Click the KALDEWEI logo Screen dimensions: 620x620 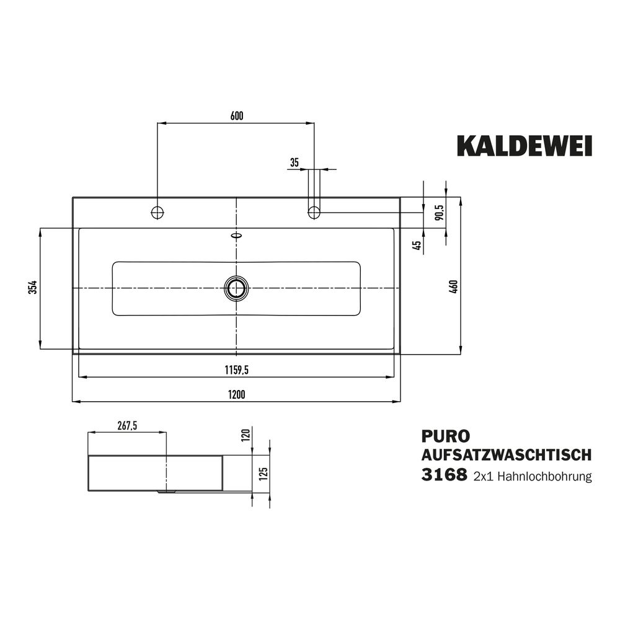[525, 146]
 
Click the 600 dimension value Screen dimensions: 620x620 [236, 116]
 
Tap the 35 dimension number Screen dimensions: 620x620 [294, 162]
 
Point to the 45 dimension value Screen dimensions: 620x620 [417, 246]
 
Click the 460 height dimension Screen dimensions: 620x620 [454, 286]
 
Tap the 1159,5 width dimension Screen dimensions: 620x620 [236, 370]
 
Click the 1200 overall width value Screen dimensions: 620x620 [236, 394]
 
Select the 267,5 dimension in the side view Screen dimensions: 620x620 [127, 425]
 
